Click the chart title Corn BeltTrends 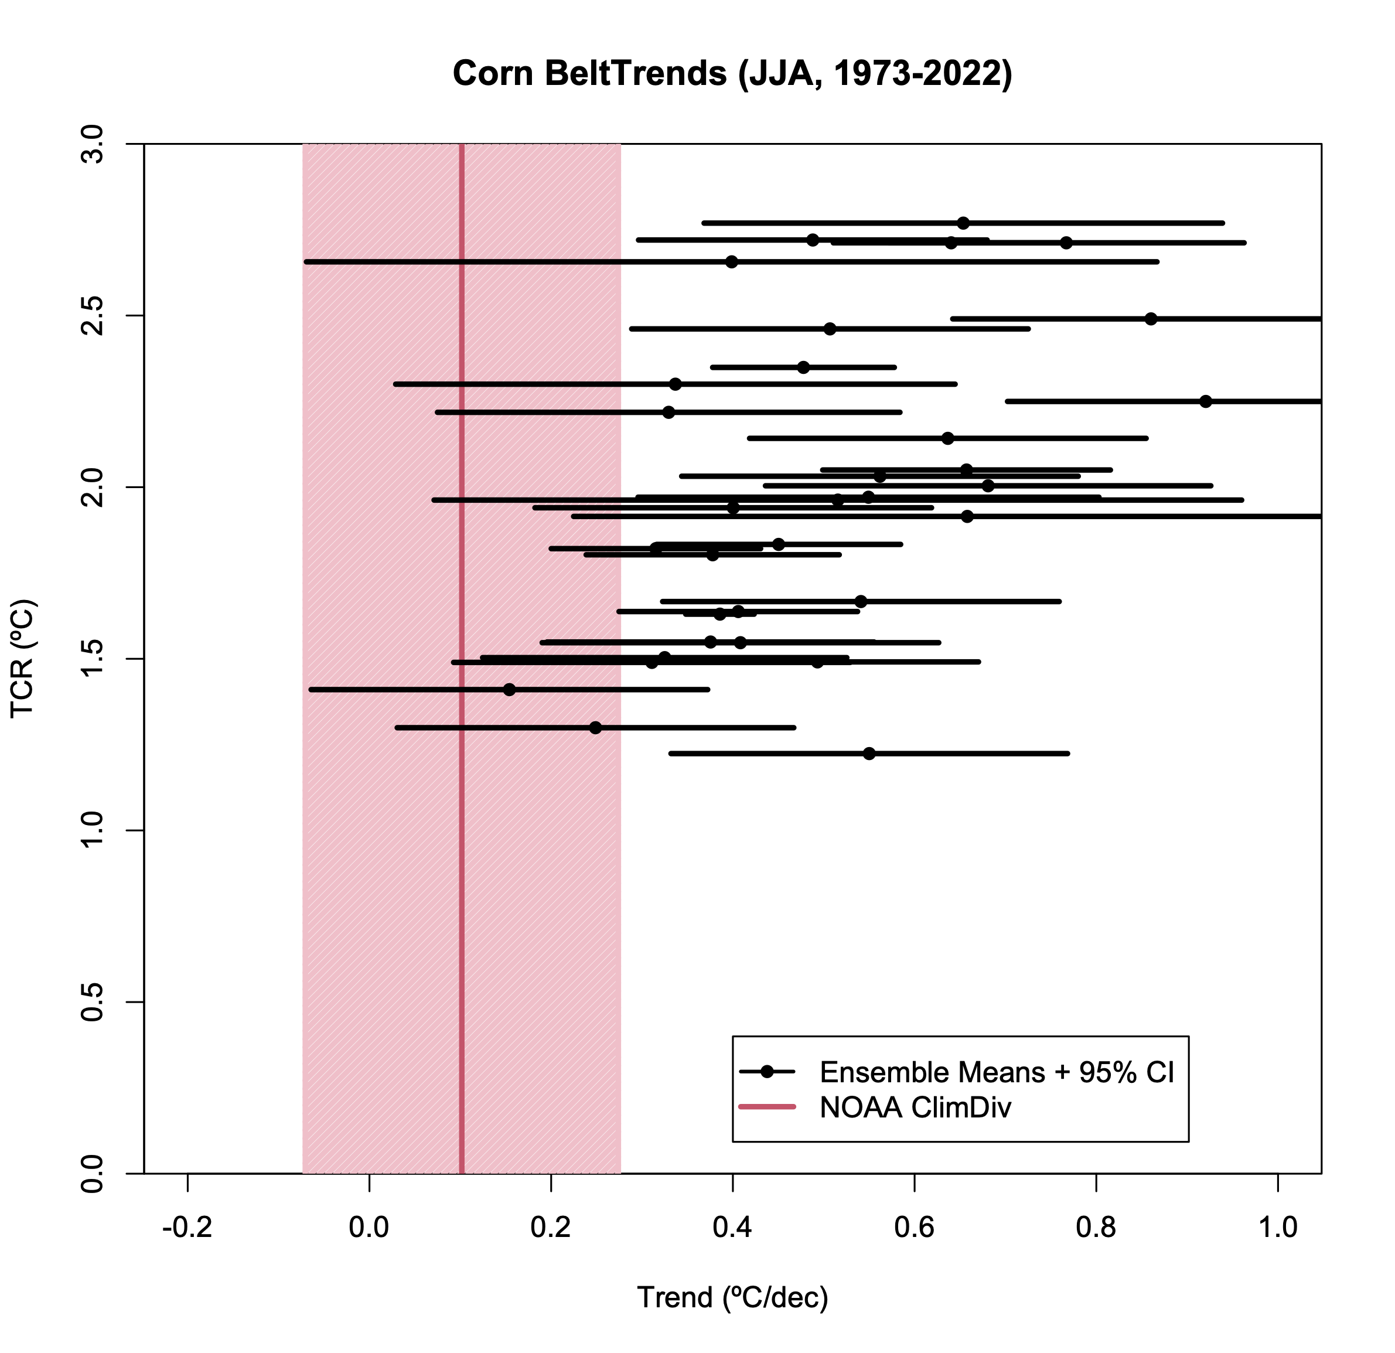point(732,74)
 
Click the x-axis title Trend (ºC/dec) point(732,1297)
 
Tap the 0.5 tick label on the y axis point(93,1002)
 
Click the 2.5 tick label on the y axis point(93,316)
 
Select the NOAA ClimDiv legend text point(915,1107)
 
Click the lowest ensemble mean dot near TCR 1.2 point(869,753)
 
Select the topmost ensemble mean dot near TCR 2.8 point(963,223)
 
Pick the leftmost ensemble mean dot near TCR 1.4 point(509,690)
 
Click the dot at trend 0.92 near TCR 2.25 point(1206,401)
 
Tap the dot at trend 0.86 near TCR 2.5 point(1151,319)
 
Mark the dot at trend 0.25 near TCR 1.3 point(596,727)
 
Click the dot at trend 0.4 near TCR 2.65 point(732,262)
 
